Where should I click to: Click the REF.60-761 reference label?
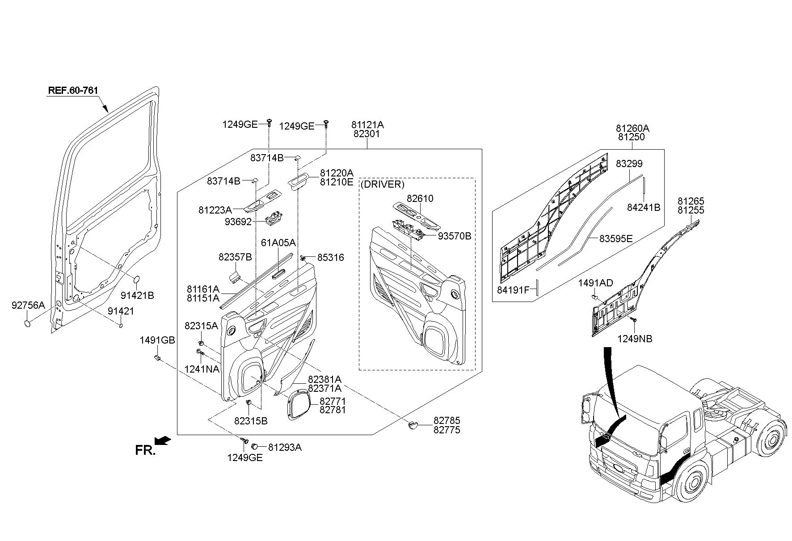73,90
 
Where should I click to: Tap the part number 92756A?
28,305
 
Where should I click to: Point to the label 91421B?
137,295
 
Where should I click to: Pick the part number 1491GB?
157,340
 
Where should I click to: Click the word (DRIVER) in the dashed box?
382,184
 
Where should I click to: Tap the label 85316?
331,258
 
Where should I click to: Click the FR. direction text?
145,450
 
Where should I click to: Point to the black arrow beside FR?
164,441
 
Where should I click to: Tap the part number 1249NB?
635,339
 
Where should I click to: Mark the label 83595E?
616,239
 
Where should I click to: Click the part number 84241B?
644,208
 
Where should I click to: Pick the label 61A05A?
278,243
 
